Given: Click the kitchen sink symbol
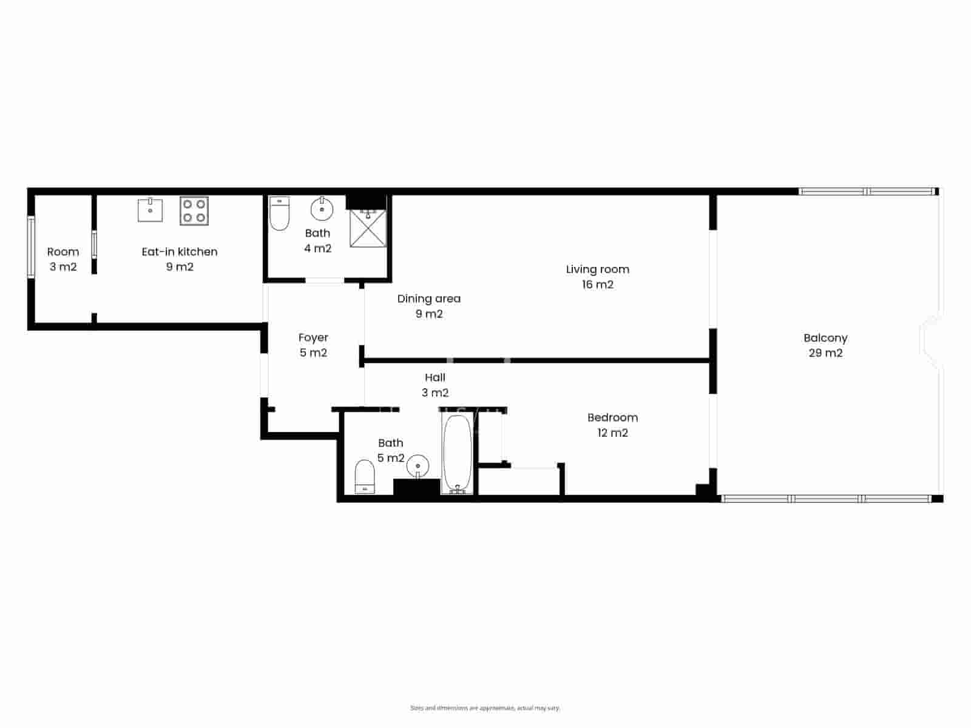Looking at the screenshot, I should [x=150, y=210].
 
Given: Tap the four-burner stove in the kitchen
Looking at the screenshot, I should [x=194, y=211].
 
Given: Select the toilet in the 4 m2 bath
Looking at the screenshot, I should [x=279, y=214].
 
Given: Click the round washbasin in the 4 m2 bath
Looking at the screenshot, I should [x=322, y=209].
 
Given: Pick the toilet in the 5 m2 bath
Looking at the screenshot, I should [x=365, y=476].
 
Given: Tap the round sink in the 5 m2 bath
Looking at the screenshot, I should [x=418, y=466].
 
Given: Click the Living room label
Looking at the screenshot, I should [x=598, y=269].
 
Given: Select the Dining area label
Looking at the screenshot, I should [x=429, y=298].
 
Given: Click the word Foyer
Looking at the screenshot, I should [x=313, y=337].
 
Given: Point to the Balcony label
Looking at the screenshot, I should [x=825, y=338].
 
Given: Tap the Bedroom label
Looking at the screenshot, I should [x=612, y=417].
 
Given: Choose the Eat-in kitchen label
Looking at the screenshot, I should [x=180, y=252].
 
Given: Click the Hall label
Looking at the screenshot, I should [x=435, y=377].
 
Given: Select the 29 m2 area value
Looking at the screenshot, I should [x=825, y=353].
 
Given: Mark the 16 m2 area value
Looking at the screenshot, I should [x=598, y=285].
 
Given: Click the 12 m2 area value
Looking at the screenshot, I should [x=612, y=433].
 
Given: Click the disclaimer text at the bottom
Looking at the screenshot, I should [x=486, y=708].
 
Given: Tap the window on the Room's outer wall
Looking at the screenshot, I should [x=31, y=247].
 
